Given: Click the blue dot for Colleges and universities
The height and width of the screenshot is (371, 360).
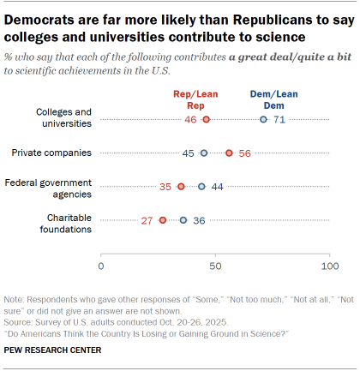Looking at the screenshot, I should (263, 120).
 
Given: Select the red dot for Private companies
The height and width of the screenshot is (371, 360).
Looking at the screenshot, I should (229, 153).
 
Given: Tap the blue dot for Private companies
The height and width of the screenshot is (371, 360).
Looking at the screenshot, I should (204, 153).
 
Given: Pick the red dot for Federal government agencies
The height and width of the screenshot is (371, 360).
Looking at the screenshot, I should (181, 187).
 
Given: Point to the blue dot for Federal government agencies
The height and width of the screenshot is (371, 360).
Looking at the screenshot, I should (201, 187).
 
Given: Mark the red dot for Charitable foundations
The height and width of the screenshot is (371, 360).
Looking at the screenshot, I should (163, 220).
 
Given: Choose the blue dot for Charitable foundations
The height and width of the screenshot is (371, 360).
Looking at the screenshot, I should (183, 220).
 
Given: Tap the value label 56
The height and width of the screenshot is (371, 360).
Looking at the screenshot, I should (244, 153).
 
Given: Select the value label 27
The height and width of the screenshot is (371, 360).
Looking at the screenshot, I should (147, 220).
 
